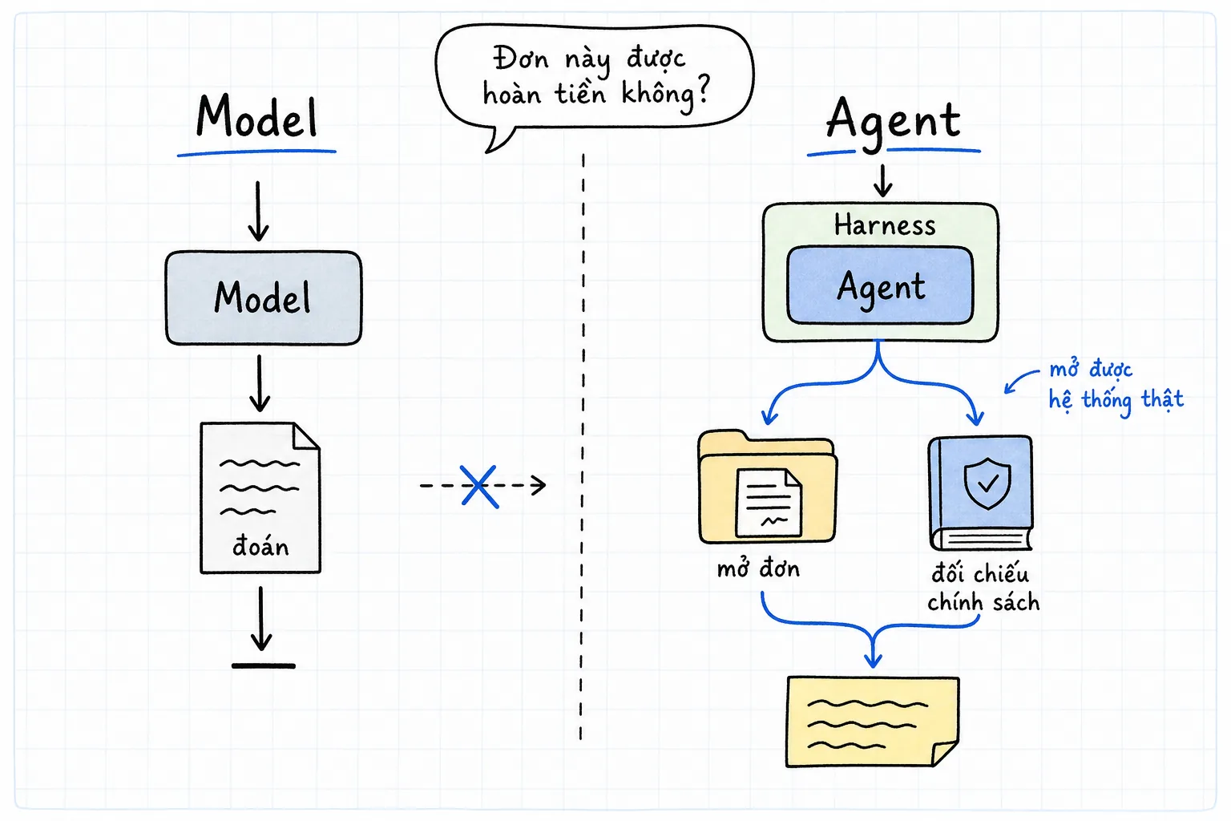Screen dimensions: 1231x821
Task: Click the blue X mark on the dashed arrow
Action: [x=480, y=487]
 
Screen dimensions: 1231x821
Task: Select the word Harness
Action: [x=885, y=225]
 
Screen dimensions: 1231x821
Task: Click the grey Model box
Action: [x=264, y=298]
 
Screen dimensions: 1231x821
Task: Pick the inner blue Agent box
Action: [x=881, y=285]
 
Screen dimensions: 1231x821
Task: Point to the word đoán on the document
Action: [x=260, y=547]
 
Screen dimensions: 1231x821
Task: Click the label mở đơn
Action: [x=758, y=568]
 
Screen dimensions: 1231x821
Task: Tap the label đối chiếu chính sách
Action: [x=983, y=588]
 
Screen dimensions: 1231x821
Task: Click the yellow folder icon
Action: [x=767, y=487]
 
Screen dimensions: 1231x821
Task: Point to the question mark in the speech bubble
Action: [x=702, y=90]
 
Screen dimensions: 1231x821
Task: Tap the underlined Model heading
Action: [x=257, y=116]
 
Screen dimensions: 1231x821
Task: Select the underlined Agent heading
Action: [x=894, y=121]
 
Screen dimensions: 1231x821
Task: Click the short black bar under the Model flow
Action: [x=264, y=666]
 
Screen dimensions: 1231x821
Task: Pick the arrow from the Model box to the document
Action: [x=260, y=383]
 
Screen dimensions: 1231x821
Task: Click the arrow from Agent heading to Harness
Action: [x=883, y=180]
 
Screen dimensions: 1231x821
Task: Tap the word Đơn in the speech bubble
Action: [x=520, y=59]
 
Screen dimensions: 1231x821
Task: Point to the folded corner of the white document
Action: [x=307, y=436]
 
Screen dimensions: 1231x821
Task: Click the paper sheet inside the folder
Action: [x=769, y=503]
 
